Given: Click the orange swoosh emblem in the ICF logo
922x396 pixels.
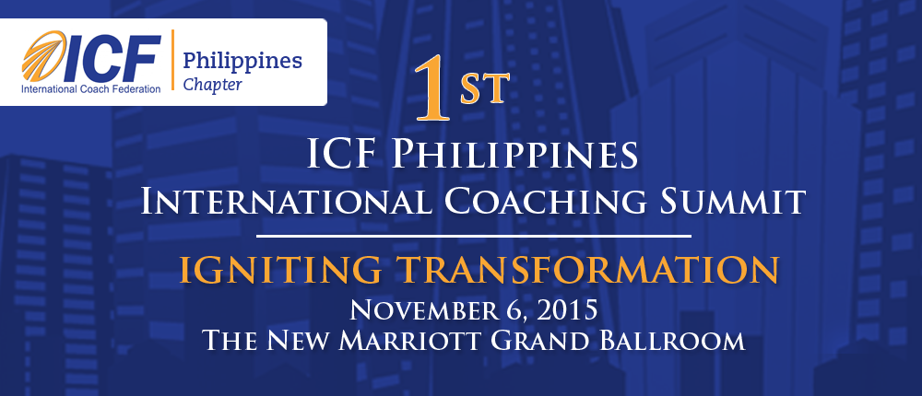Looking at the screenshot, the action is click(42, 56).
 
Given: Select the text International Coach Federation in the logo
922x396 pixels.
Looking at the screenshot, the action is click(91, 89).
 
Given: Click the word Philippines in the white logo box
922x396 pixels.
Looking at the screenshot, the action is click(242, 60).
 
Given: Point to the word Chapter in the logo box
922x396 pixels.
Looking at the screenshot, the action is click(212, 85).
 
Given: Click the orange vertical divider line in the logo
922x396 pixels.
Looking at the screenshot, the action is click(172, 60).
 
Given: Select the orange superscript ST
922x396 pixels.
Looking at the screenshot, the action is click(485, 88).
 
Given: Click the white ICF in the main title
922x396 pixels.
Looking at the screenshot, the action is click(340, 154).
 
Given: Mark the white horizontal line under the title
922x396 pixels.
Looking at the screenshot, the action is click(474, 237).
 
